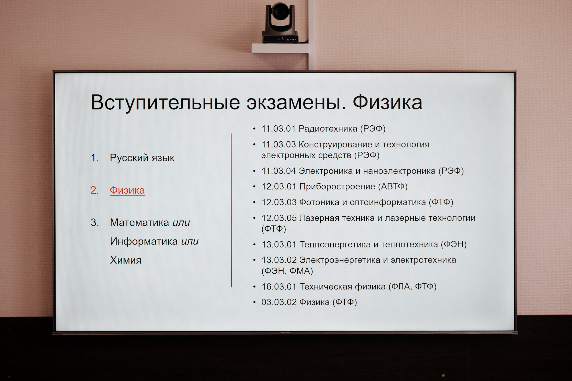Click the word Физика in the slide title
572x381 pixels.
tap(387, 102)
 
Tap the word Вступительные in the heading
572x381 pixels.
tap(165, 102)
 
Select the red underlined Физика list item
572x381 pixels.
tap(127, 190)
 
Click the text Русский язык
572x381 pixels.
tap(142, 158)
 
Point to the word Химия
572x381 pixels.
tap(126, 260)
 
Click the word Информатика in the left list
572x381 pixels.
tap(144, 241)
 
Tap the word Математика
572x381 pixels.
tap(139, 222)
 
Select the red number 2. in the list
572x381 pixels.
tap(95, 190)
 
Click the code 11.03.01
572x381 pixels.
tap(278, 129)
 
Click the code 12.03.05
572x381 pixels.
tap(279, 218)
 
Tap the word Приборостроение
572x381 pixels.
tap(337, 187)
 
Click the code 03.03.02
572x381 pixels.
tap(279, 302)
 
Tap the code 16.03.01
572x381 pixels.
tap(279, 287)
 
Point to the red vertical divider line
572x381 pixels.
tap(231, 210)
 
